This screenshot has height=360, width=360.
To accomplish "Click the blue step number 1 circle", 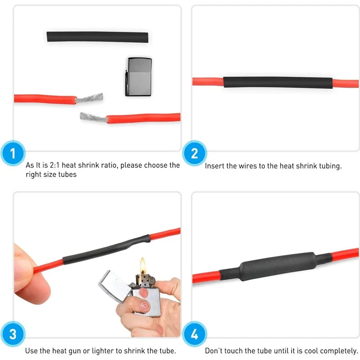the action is click(x=13, y=153).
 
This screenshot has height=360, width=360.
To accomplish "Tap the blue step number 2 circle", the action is click(x=194, y=153).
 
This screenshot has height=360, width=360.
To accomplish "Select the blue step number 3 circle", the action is click(x=13, y=334).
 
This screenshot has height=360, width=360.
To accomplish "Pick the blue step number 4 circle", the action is click(x=194, y=334).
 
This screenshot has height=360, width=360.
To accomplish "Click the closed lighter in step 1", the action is click(x=138, y=77).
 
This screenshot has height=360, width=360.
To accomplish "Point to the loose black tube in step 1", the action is click(x=97, y=37).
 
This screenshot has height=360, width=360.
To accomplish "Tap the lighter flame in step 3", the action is click(x=142, y=265).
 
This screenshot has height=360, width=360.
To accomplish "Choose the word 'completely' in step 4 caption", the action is click(x=338, y=351).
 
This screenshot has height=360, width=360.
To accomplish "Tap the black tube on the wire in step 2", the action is click(x=278, y=82).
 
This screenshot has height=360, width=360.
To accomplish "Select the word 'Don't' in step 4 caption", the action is click(x=214, y=351).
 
